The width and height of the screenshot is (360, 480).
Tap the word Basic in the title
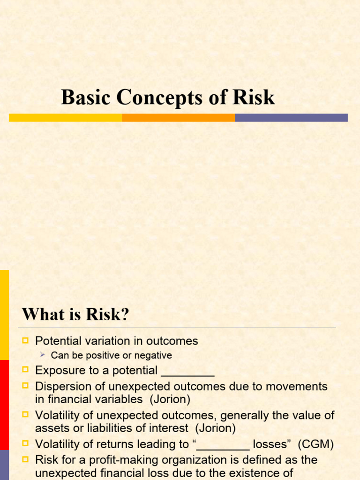[86, 97]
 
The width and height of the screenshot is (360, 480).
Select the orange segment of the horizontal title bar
[178, 118]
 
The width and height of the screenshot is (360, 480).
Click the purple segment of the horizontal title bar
[291, 118]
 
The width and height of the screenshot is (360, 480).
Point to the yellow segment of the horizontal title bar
[66, 118]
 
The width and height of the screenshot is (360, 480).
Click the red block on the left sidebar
[4, 405]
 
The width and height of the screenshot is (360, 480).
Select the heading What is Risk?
[75, 315]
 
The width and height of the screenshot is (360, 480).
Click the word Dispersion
[63, 387]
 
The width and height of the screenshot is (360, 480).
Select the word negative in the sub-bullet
[153, 355]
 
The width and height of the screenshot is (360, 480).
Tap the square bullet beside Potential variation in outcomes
[26, 341]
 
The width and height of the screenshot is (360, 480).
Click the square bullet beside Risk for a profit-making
[26, 459]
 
